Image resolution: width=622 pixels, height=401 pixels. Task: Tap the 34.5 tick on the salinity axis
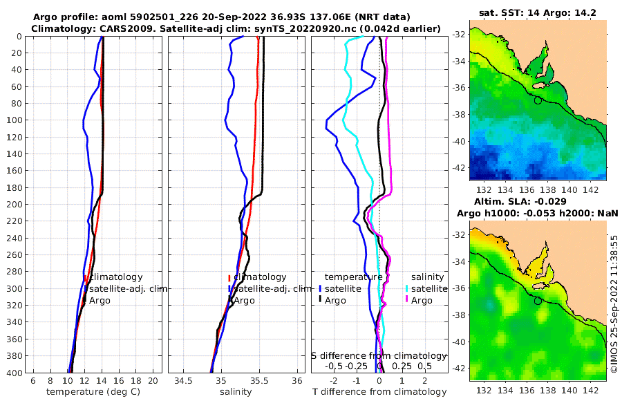tap(183, 381)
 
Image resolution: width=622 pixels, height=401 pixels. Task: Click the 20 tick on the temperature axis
tap(153, 381)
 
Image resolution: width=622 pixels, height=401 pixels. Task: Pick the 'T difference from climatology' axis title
tap(379, 392)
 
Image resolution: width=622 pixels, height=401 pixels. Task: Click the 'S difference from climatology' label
tap(379, 355)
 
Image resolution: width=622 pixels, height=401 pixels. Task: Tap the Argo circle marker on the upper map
tap(538, 100)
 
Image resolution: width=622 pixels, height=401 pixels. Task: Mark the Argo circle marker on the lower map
tap(538, 301)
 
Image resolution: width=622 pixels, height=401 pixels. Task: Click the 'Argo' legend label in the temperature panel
tap(100, 300)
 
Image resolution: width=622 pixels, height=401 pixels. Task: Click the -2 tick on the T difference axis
tap(334, 381)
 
